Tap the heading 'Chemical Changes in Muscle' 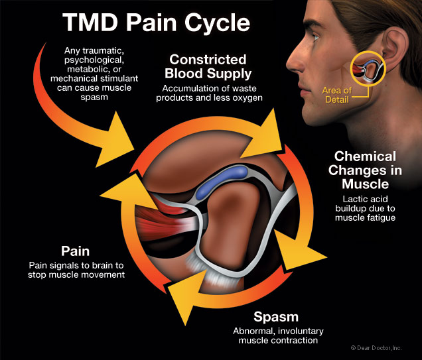click(x=368, y=170)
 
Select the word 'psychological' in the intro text click(x=94, y=61)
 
